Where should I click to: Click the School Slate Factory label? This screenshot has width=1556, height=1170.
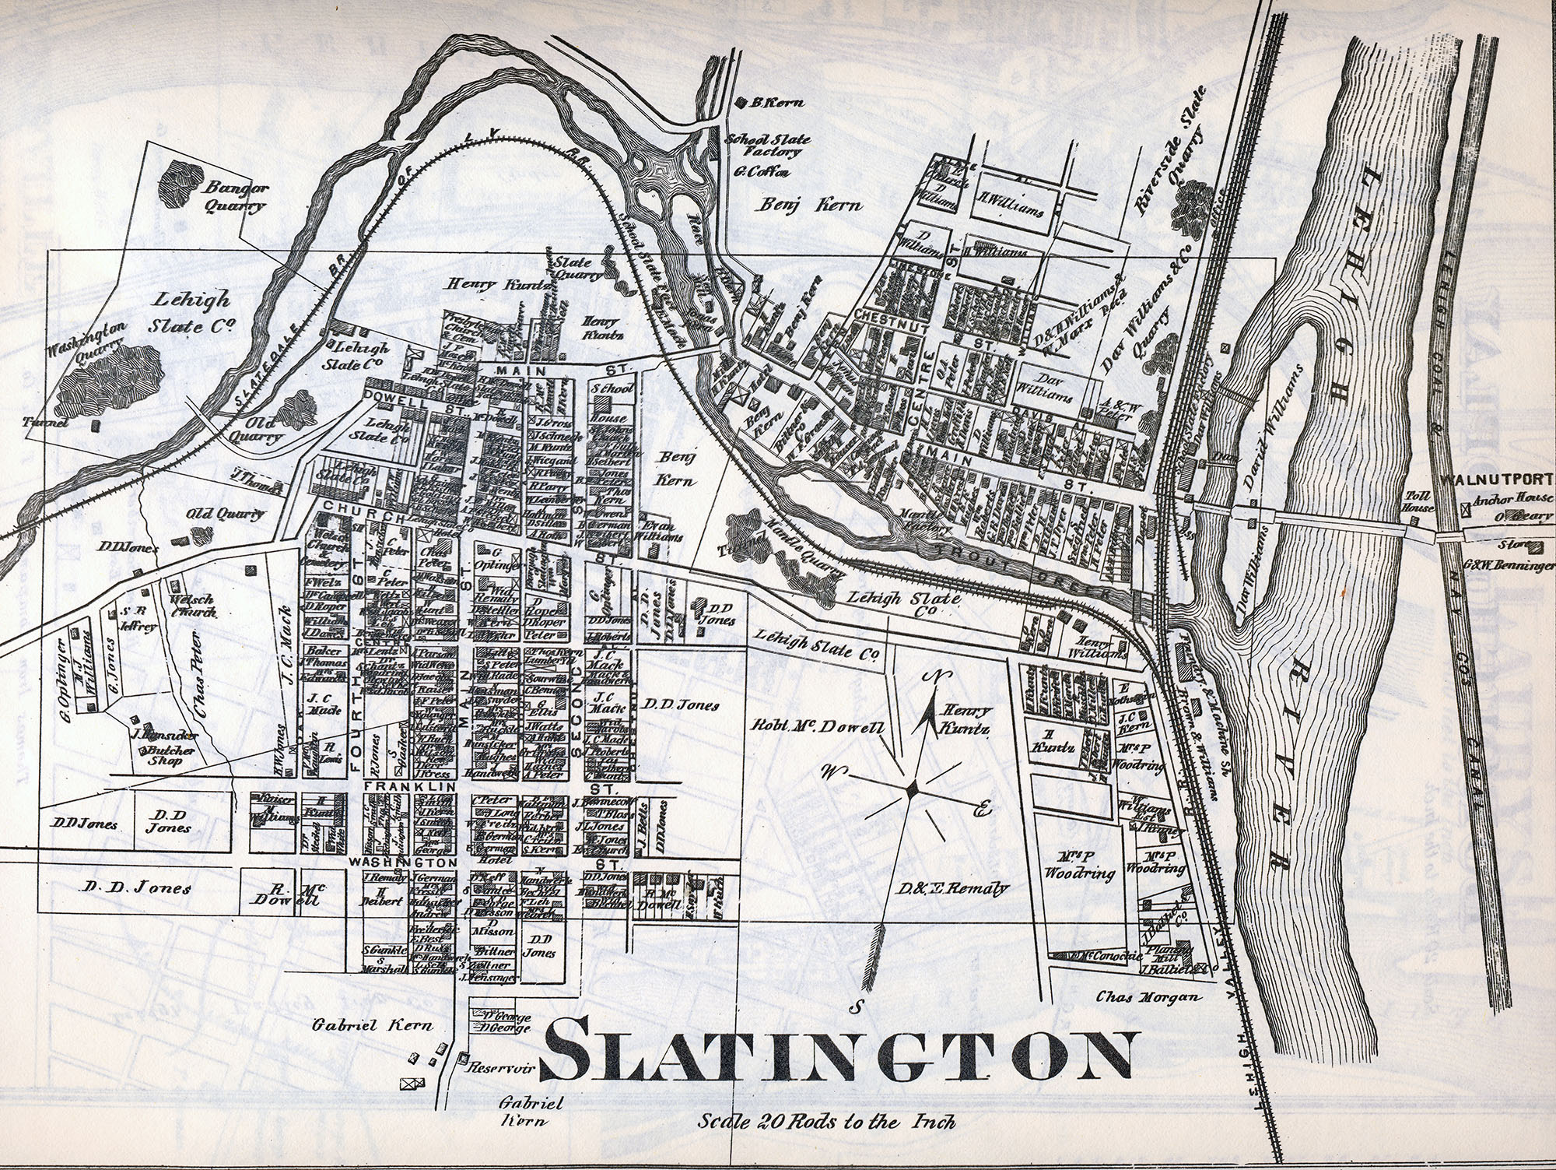point(767,146)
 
